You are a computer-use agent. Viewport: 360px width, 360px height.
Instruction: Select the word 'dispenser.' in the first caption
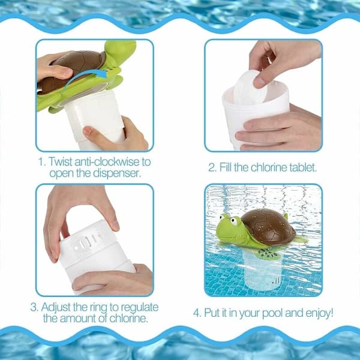pyautogui.click(x=117, y=173)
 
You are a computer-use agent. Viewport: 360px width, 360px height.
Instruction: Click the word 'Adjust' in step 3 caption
pyautogui.click(x=56, y=307)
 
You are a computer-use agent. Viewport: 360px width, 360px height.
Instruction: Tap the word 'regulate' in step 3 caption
pyautogui.click(x=140, y=308)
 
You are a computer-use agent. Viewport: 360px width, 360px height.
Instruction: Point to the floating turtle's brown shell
pyautogui.click(x=268, y=226)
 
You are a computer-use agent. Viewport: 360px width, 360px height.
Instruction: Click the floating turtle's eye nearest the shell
pyautogui.click(x=234, y=221)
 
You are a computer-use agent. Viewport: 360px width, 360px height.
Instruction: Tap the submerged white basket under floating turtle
pyautogui.click(x=262, y=271)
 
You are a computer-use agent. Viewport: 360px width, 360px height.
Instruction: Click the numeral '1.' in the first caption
pyautogui.click(x=43, y=161)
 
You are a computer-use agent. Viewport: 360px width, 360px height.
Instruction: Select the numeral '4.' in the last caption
pyautogui.click(x=197, y=313)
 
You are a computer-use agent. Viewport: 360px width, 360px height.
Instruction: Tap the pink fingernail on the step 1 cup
pyautogui.click(x=88, y=130)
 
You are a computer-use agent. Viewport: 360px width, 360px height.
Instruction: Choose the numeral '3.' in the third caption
pyautogui.click(x=34, y=307)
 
